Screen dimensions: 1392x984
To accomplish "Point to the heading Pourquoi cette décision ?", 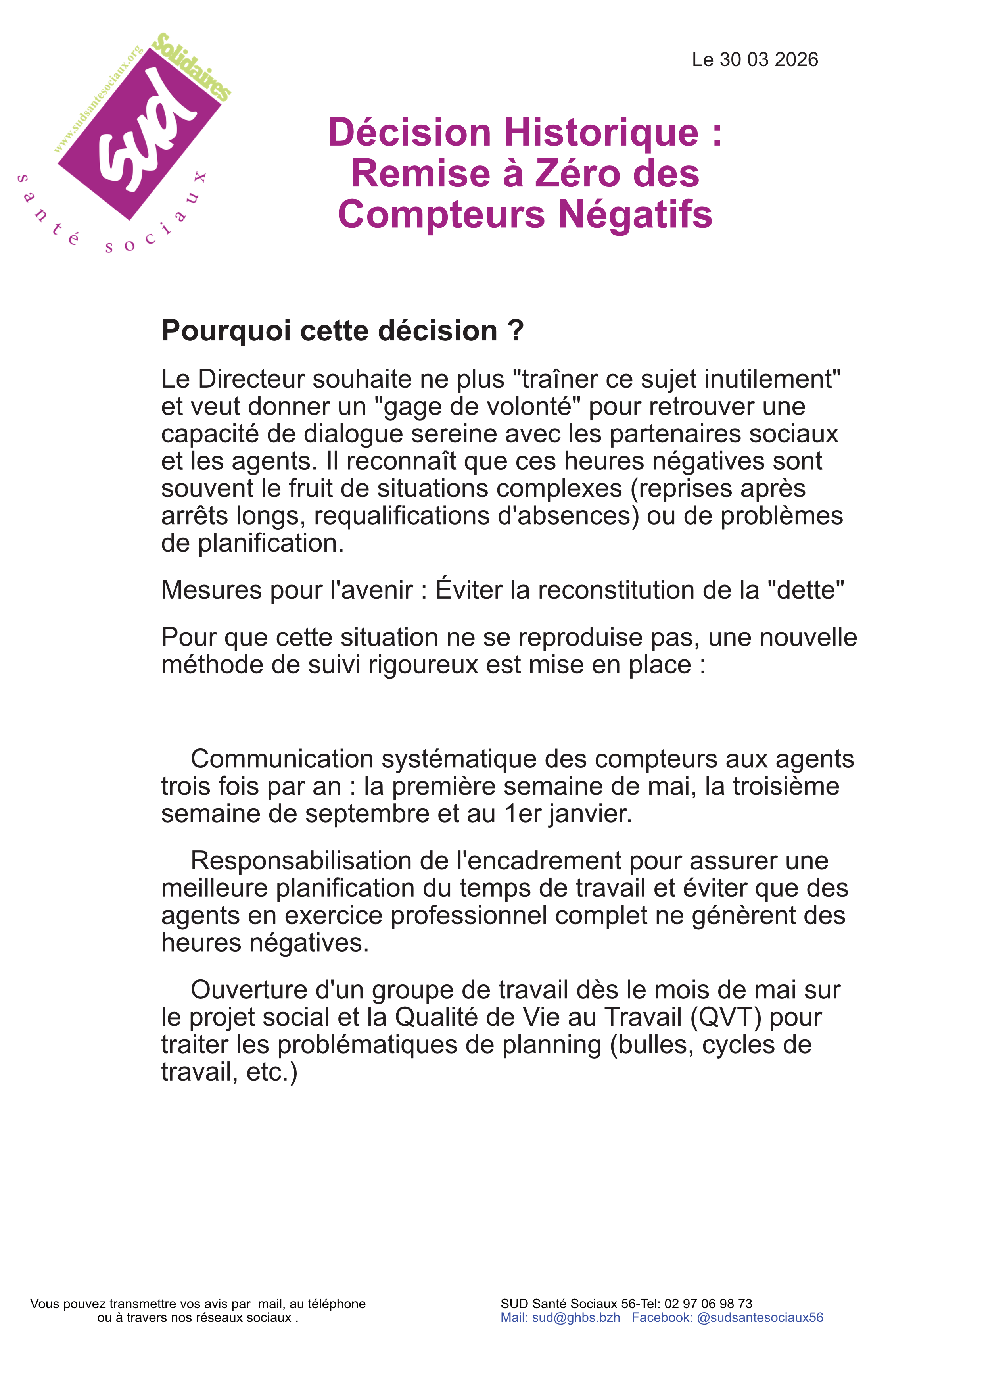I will [x=342, y=331].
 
